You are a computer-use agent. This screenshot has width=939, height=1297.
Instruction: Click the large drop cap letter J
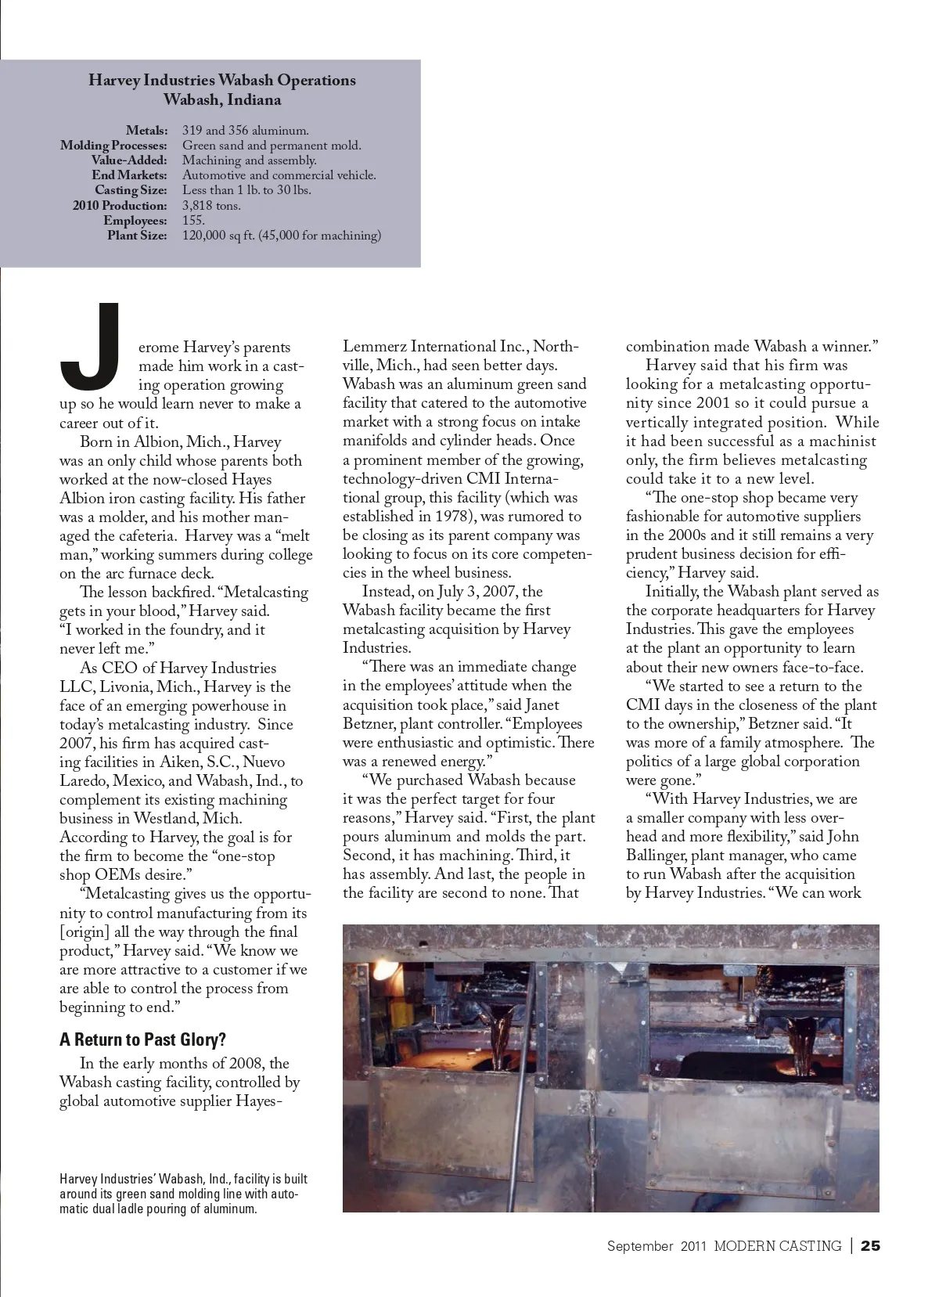[x=92, y=348]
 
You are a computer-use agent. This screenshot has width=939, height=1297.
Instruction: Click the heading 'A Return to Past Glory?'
[x=142, y=1039]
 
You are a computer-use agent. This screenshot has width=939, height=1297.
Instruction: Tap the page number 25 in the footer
[x=870, y=1245]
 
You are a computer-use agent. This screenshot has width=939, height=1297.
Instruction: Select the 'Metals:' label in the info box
[x=146, y=131]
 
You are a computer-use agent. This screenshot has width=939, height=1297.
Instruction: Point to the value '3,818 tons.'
[x=211, y=206]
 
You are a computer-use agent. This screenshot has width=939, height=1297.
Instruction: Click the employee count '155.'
[x=193, y=221]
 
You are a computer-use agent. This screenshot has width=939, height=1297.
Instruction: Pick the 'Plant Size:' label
[x=137, y=236]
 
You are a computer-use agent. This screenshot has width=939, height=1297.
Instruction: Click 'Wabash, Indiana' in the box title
[x=222, y=100]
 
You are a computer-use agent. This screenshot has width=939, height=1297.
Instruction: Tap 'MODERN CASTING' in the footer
[x=777, y=1245]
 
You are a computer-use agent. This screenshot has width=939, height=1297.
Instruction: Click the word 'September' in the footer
[x=639, y=1245]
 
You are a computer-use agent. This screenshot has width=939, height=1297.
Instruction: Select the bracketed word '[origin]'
[x=85, y=932]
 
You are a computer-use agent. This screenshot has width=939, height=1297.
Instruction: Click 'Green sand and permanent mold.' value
[x=272, y=146]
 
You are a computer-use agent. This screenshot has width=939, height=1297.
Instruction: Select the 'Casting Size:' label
[x=131, y=190]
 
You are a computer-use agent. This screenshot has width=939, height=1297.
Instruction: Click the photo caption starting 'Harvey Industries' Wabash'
[x=183, y=1194]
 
